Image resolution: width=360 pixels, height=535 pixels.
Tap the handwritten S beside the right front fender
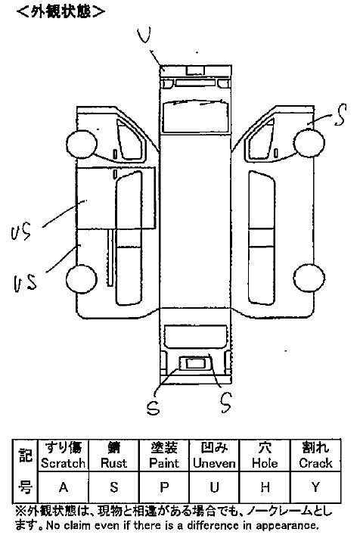(x=340, y=115)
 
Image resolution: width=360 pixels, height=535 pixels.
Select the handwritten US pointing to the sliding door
(x=21, y=232)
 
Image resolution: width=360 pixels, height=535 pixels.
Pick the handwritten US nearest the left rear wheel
(x=25, y=283)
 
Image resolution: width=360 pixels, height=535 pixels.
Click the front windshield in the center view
(x=195, y=117)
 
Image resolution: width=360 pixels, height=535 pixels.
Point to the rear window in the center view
(x=195, y=337)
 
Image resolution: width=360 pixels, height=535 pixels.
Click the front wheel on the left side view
(x=82, y=145)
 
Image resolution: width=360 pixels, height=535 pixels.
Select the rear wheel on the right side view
(x=309, y=278)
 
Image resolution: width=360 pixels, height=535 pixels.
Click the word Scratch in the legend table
(x=63, y=463)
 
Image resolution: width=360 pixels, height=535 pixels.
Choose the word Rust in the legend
(x=114, y=463)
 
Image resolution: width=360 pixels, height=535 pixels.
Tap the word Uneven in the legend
(x=214, y=463)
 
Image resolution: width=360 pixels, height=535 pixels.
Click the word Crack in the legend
(x=315, y=463)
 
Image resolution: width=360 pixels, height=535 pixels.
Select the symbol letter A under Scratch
(x=64, y=487)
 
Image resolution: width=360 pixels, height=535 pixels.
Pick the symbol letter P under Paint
(x=164, y=487)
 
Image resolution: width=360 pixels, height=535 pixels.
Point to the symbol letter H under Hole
(x=265, y=487)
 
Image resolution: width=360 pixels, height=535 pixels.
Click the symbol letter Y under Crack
(x=315, y=487)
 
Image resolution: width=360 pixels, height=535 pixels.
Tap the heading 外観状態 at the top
(x=61, y=12)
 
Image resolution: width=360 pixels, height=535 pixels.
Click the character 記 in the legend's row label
(x=25, y=454)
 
